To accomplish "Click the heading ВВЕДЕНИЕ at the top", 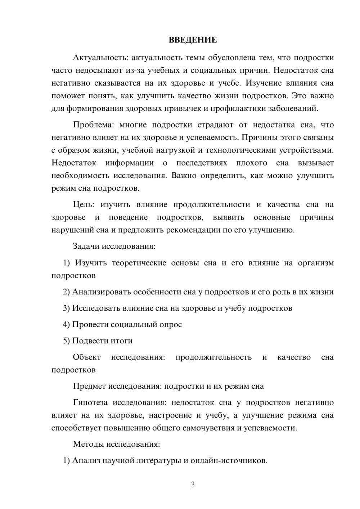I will tap(193, 40).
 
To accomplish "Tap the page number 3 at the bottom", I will tap(193, 485).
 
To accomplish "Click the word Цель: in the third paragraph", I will tap(84, 205).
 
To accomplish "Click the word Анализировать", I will tap(102, 292).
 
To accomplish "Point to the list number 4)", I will tap(66, 324).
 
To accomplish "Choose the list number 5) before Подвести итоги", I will tap(66, 341).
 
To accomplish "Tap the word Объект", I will tap(87, 357).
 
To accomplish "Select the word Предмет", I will tap(89, 386).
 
